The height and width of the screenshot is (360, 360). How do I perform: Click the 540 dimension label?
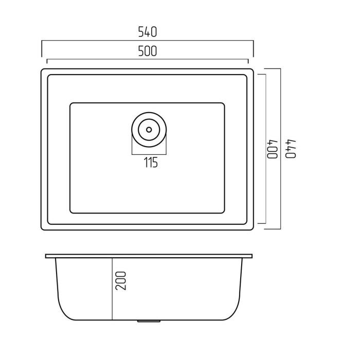[148, 32]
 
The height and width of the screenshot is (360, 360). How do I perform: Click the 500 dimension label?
[148, 51]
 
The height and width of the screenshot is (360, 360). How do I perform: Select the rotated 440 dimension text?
[291, 149]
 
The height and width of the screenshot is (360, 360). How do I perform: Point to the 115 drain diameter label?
[151, 163]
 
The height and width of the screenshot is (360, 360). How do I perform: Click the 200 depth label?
[121, 281]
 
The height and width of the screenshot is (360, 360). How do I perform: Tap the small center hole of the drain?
[149, 130]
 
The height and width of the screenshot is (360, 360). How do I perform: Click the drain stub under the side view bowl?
[149, 321]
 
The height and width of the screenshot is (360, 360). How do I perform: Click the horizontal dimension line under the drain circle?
[149, 154]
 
